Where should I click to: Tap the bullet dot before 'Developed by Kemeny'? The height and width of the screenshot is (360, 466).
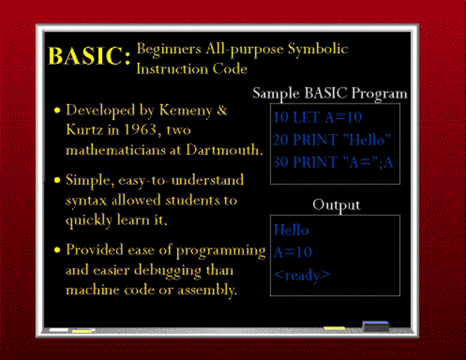pos(58,112)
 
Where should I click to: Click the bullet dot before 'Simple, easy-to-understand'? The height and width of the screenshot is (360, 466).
pos(58,181)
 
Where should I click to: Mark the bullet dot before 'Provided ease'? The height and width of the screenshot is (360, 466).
pos(58,250)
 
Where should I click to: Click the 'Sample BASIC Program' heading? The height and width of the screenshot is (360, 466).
pos(330,93)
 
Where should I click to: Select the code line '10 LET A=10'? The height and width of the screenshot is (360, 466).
pos(307,118)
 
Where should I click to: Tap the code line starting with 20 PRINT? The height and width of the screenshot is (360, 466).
pos(331,139)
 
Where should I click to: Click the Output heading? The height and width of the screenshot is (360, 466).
pos(336,205)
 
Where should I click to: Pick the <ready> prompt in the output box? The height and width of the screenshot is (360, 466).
pos(302,274)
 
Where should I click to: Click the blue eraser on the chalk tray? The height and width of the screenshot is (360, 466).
pos(376,325)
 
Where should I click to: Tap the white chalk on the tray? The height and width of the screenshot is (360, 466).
pos(59,329)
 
